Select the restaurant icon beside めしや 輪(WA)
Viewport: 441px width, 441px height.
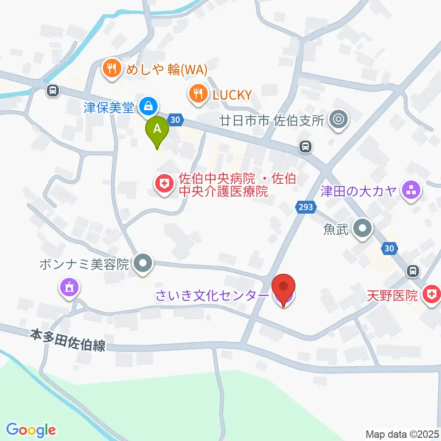(x=111, y=69)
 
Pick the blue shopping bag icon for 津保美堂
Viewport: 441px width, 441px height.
(x=148, y=107)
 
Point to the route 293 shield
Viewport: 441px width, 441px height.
(x=305, y=207)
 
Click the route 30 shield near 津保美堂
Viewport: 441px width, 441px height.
(x=175, y=120)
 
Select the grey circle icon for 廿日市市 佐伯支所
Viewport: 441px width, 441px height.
(x=339, y=120)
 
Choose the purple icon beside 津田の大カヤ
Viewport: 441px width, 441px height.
(x=410, y=190)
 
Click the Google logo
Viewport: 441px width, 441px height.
(x=31, y=430)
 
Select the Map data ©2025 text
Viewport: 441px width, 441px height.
(x=402, y=434)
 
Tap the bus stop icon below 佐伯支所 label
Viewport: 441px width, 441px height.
(x=305, y=147)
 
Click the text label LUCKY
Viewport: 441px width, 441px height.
(x=232, y=95)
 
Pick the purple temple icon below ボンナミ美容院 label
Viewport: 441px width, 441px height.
(x=69, y=288)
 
